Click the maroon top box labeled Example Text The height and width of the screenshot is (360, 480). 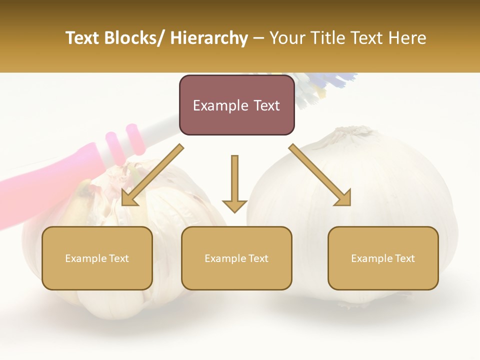(236, 105)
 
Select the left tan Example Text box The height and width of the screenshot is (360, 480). (97, 258)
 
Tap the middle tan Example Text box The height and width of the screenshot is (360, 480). (236, 258)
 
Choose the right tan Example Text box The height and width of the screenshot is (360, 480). (383, 258)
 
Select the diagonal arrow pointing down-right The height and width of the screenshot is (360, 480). (320, 175)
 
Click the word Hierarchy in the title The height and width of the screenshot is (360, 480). (208, 38)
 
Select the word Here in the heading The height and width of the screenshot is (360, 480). (408, 38)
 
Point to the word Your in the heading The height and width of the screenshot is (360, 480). (287, 38)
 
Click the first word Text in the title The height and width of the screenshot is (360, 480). (82, 38)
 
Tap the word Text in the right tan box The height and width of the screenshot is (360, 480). (405, 258)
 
